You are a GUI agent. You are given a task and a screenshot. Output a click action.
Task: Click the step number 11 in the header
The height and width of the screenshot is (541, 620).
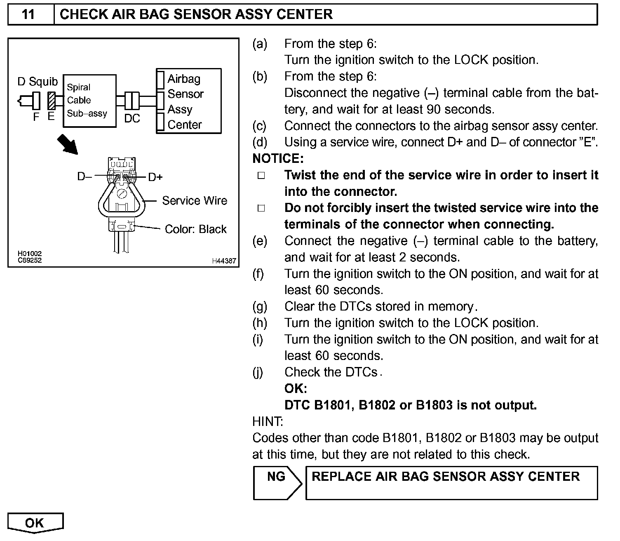point(28,14)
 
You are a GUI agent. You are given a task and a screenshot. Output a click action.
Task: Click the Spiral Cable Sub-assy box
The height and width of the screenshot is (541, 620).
point(89,101)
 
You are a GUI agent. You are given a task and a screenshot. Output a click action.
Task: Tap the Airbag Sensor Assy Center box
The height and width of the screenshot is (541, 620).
point(188,101)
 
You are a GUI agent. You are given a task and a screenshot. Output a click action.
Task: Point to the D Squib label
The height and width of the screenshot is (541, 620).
point(38,82)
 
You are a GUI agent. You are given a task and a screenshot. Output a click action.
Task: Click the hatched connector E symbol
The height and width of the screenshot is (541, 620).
point(52,101)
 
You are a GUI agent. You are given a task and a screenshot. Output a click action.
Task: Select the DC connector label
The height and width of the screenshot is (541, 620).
point(132,119)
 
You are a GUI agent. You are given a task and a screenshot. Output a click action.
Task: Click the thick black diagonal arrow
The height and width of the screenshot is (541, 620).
point(67,144)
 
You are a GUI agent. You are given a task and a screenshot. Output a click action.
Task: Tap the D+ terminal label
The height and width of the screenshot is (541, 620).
point(155,177)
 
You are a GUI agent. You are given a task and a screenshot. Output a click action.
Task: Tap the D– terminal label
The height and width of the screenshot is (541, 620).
point(84,177)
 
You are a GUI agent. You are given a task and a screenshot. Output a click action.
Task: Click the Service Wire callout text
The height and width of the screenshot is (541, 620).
point(195,201)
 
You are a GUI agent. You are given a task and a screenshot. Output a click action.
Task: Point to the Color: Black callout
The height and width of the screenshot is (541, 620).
point(195,229)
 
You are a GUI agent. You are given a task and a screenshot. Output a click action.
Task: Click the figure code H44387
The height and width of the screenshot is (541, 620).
point(224,261)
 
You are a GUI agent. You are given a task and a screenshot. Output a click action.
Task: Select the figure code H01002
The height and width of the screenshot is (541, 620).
point(30,254)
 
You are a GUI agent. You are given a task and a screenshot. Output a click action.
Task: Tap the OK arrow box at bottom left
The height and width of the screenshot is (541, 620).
point(35,523)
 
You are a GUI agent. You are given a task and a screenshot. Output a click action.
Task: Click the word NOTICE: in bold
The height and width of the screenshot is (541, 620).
point(278,159)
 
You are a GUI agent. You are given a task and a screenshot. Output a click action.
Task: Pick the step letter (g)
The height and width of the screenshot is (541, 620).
point(260,306)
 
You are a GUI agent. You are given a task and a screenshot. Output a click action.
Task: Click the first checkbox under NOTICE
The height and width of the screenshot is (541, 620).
point(261,176)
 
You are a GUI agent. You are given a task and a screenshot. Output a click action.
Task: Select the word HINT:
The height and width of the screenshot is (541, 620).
point(268,421)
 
